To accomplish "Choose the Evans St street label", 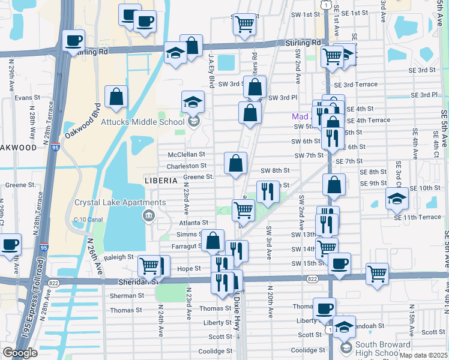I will tap(26, 97).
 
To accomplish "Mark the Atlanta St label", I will tap(193, 222).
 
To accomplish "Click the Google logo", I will tap(20, 352).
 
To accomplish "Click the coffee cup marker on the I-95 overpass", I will tap(74, 41).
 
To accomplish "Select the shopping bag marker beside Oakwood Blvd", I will tap(116, 97).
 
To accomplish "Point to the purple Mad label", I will tap(300, 117).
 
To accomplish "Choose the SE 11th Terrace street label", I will tap(417, 217).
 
